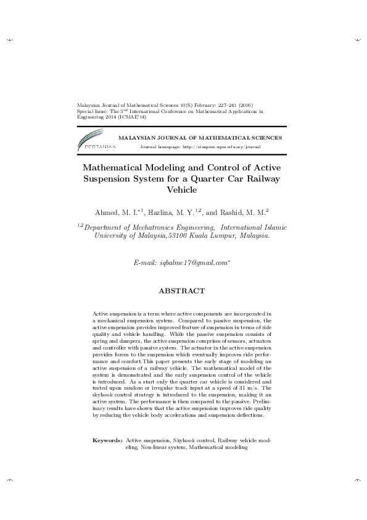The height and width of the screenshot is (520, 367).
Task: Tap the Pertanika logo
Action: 94,143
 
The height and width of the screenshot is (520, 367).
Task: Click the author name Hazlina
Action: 162,212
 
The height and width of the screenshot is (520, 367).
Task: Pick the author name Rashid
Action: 232,212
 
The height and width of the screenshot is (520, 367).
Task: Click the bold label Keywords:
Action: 107,441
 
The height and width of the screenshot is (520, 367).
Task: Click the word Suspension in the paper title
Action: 107,178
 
